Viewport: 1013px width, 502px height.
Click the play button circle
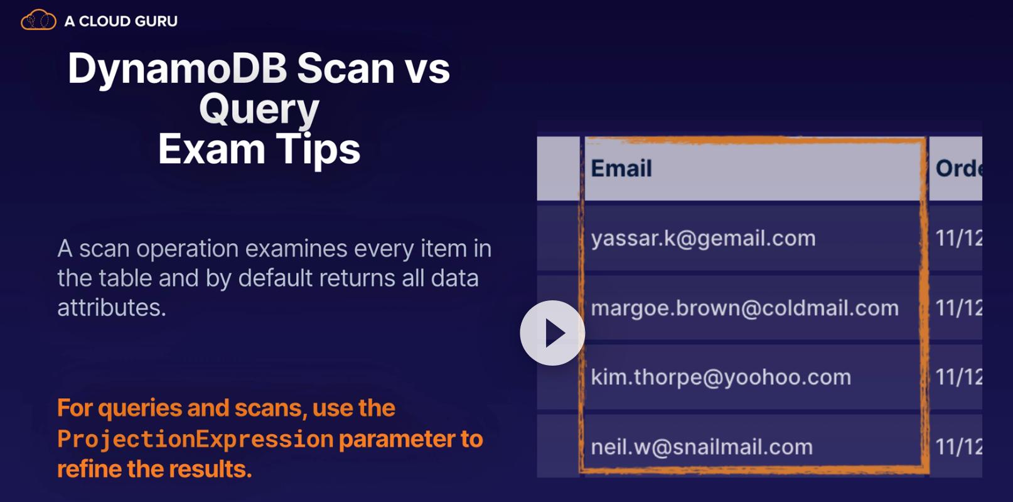point(552,333)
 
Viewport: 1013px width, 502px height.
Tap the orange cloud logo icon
point(38,20)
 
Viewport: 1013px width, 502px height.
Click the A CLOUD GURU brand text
point(121,21)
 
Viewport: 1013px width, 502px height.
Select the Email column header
point(621,168)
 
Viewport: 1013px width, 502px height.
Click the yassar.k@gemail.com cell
point(703,238)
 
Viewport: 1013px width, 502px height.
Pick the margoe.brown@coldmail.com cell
point(745,308)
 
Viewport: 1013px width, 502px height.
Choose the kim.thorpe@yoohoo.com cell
point(721,378)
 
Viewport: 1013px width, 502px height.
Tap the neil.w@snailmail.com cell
point(702,447)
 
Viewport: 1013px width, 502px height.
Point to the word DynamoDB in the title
point(177,68)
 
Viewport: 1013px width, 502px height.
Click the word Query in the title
point(259,109)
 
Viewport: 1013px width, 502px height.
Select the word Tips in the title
point(318,149)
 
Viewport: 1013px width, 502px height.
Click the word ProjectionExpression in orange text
point(195,439)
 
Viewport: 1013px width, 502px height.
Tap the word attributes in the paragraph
point(112,308)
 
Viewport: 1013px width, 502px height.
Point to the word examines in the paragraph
point(296,249)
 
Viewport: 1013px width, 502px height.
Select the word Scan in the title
point(345,68)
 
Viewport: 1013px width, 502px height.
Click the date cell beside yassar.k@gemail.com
point(958,238)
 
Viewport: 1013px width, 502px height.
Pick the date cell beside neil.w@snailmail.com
point(958,447)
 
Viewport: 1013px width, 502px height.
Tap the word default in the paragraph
point(275,278)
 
